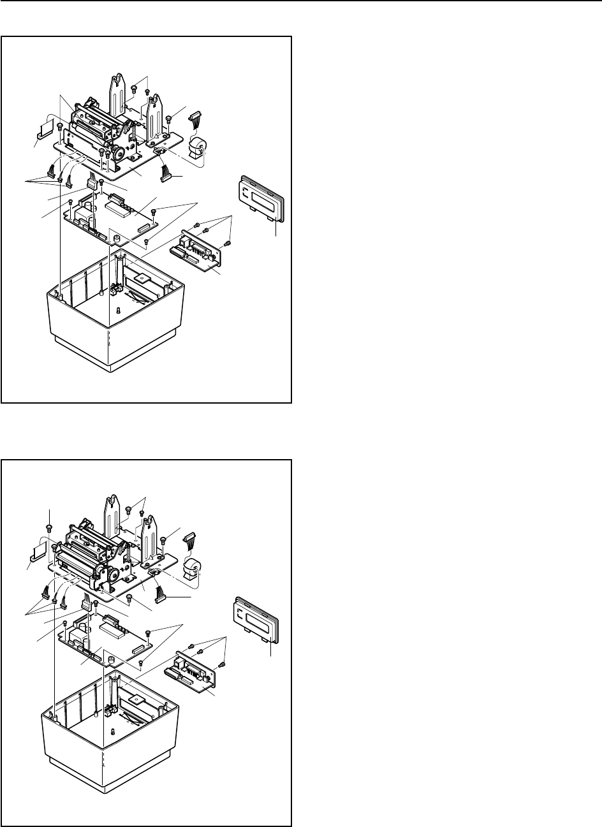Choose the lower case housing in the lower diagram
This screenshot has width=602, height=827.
point(108,752)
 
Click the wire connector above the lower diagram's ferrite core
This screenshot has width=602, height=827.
point(191,541)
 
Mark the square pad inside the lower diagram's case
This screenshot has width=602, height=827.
point(136,699)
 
